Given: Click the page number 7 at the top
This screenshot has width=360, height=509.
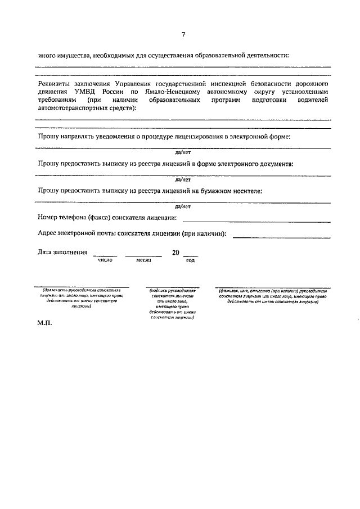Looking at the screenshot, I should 183,35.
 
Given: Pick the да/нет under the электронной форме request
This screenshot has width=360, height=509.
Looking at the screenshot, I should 183,152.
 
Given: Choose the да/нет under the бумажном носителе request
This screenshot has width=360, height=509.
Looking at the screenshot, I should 183,206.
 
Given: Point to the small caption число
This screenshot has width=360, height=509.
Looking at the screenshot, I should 105,260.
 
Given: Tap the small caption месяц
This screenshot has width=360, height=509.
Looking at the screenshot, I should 143,260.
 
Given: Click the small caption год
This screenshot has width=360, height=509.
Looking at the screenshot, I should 190,260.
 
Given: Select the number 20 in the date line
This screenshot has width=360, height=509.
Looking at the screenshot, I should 175,253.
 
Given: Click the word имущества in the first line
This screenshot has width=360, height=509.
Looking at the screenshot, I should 73,56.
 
